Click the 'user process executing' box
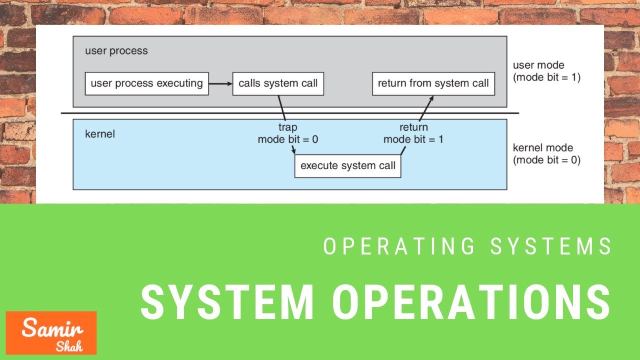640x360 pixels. click(146, 83)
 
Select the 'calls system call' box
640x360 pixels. click(278, 83)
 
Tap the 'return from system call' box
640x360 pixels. click(433, 83)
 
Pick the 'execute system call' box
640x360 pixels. click(347, 166)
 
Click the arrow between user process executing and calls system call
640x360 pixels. click(220, 83)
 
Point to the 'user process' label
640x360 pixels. click(116, 51)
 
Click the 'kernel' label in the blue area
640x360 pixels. click(99, 134)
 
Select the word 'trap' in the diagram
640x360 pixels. click(287, 127)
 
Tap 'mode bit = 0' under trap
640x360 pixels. click(287, 139)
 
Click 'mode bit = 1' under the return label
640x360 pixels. click(413, 139)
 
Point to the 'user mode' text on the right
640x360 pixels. click(538, 65)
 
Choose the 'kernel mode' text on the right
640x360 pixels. click(542, 148)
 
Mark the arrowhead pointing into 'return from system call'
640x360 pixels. click(431, 98)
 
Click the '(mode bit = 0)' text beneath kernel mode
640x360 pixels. click(546, 161)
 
